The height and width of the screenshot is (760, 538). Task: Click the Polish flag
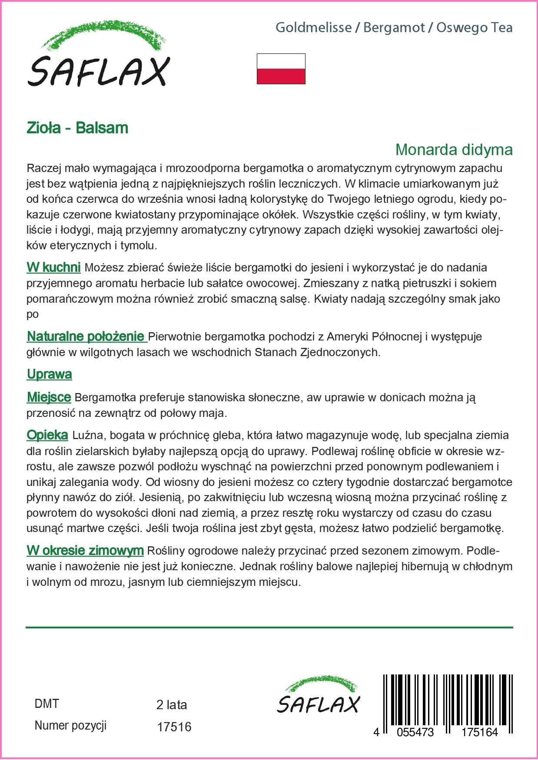[281, 69]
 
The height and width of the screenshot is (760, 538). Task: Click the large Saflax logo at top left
[98, 54]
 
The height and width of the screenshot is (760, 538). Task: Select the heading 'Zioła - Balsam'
[77, 128]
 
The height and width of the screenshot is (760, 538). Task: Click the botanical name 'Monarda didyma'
[454, 149]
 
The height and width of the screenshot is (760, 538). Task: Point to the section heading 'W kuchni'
[53, 267]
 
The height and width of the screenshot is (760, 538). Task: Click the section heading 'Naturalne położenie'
[86, 336]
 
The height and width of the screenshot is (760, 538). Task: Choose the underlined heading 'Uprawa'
[49, 374]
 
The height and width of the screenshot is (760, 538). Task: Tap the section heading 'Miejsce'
[49, 397]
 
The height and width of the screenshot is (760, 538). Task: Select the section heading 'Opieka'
[47, 435]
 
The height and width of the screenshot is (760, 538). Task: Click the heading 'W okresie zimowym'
[85, 551]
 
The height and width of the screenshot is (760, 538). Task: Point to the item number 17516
[174, 727]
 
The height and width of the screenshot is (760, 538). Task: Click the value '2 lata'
[172, 704]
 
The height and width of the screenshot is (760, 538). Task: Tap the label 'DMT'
[46, 704]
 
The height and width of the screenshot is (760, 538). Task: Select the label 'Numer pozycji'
[70, 725]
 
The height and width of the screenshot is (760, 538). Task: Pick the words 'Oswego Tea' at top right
[474, 28]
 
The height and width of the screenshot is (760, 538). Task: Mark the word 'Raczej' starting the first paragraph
[42, 168]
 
